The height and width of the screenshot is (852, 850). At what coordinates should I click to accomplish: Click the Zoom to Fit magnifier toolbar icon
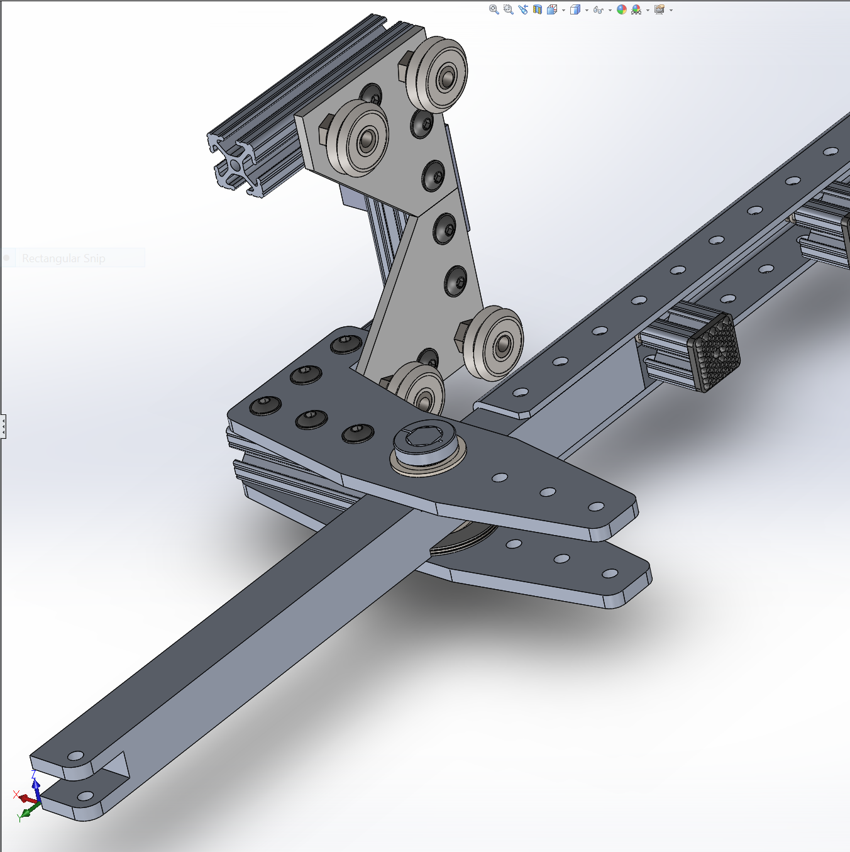tap(494, 9)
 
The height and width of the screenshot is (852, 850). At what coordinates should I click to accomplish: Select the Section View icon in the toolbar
tap(538, 9)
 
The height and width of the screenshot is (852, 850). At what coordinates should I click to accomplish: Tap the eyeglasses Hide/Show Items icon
tap(598, 10)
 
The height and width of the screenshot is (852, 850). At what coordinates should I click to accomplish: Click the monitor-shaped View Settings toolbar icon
tap(659, 9)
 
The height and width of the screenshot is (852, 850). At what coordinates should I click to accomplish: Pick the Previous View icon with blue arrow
tap(523, 9)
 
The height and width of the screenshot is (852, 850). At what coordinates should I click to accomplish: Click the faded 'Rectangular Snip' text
tap(63, 258)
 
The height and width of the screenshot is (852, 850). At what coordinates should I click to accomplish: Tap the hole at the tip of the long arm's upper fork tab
tap(76, 755)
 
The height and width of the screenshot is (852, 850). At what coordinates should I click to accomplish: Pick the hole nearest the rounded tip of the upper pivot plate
tap(595, 506)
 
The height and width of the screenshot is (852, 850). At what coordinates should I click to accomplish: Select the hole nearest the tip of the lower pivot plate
tap(609, 573)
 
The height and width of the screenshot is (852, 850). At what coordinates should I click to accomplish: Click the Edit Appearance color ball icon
tap(621, 9)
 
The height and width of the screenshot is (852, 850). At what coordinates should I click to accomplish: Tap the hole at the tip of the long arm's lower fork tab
tap(84, 797)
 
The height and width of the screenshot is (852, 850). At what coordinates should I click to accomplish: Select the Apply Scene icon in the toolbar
tap(636, 9)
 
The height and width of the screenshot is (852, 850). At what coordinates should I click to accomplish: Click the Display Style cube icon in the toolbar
tap(575, 9)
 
